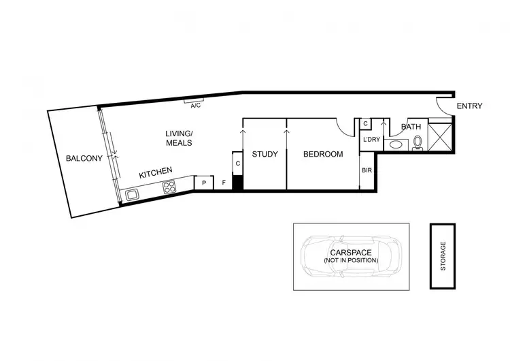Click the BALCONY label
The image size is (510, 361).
pyautogui.click(x=84, y=159)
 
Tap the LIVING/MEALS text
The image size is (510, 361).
pyautogui.click(x=179, y=138)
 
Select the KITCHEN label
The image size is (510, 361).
pyautogui.click(x=156, y=174)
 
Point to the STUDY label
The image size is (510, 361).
pyautogui.click(x=265, y=154)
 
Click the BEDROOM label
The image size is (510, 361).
pyautogui.click(x=323, y=154)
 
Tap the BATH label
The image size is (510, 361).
pyautogui.click(x=411, y=127)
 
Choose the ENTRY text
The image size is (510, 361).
pyautogui.click(x=469, y=106)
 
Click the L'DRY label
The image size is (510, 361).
pyautogui.click(x=373, y=140)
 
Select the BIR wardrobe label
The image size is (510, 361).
pyautogui.click(x=367, y=170)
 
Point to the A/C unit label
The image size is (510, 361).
pyautogui.click(x=196, y=106)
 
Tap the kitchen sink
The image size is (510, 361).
pyautogui.click(x=132, y=195)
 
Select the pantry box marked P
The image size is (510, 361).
pyautogui.click(x=204, y=183)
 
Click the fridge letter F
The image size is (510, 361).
pyautogui.click(x=224, y=183)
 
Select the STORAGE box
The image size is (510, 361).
pyautogui.click(x=443, y=255)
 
